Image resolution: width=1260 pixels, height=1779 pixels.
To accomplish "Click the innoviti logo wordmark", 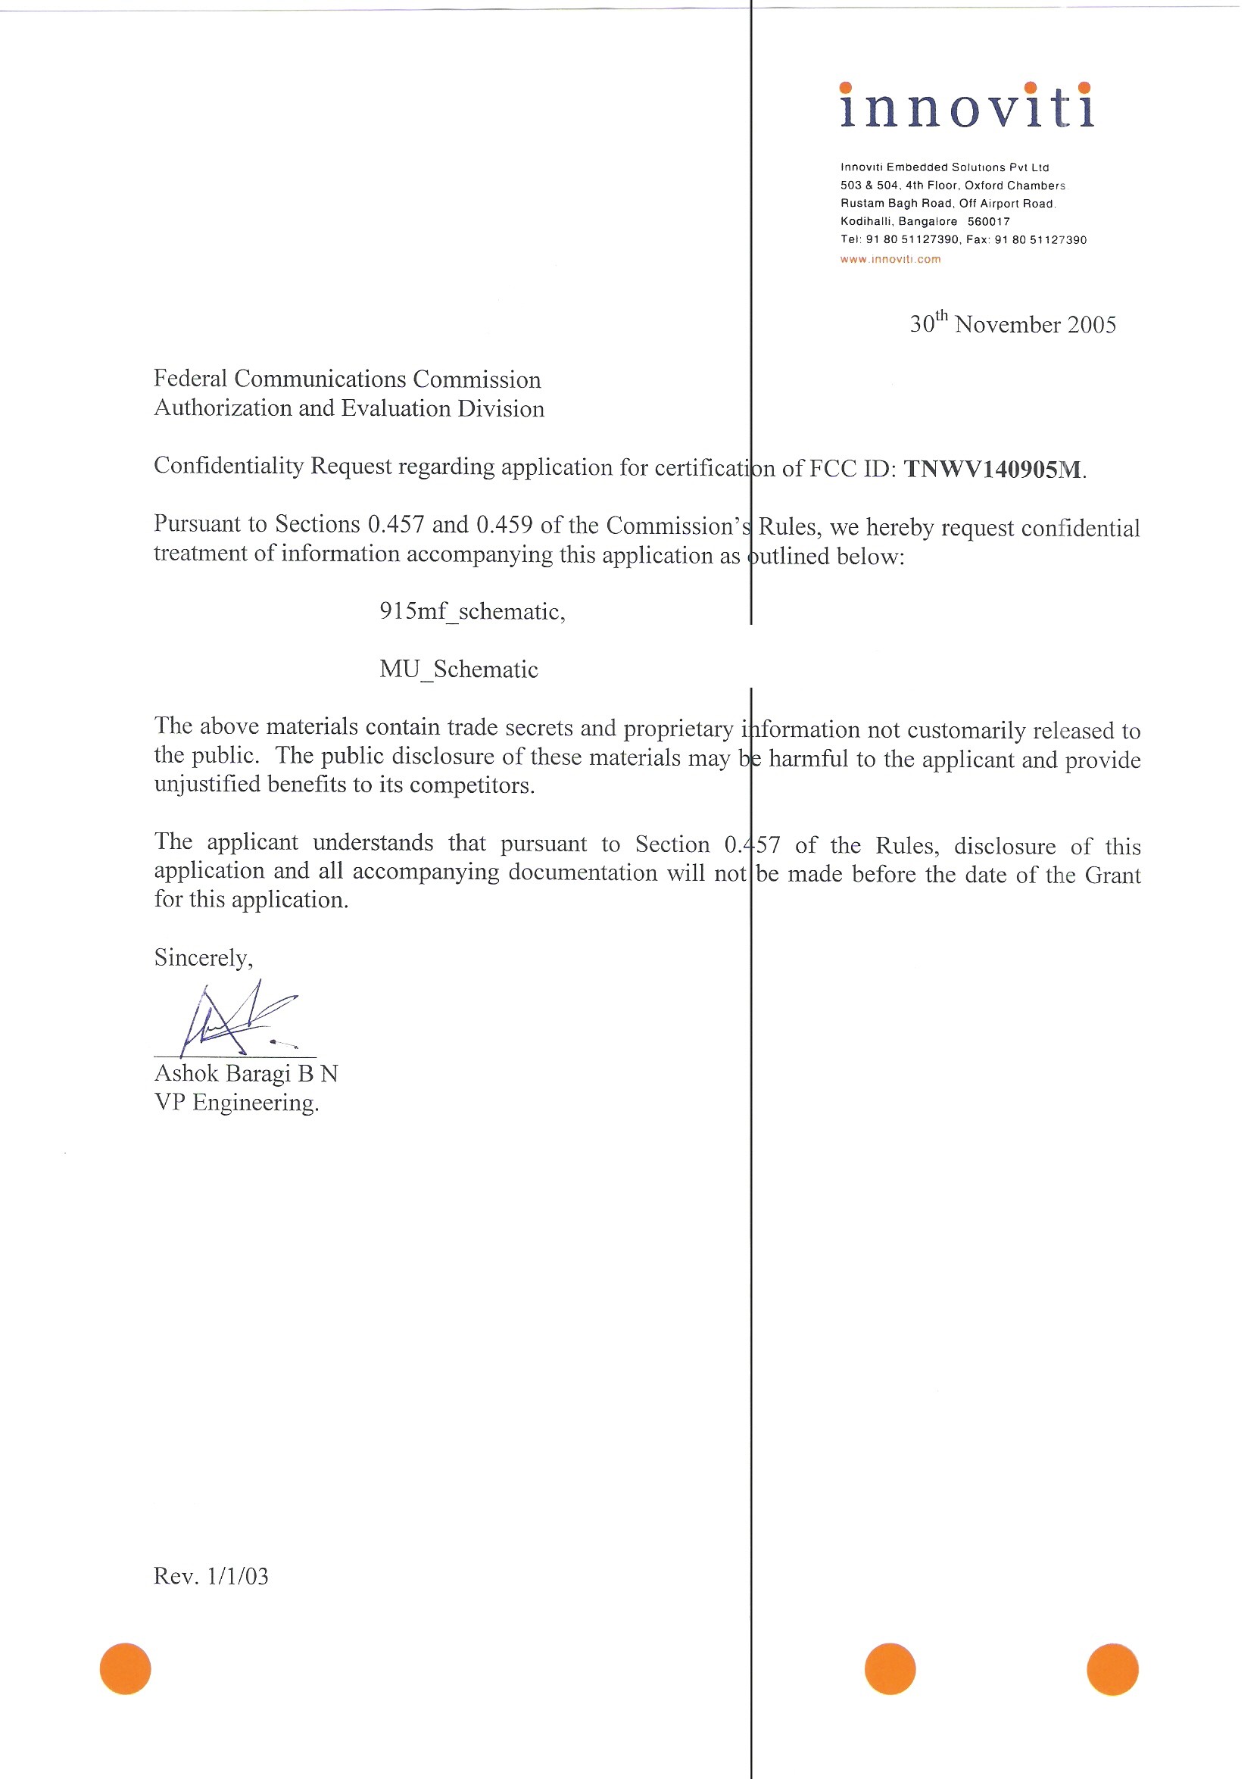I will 967,106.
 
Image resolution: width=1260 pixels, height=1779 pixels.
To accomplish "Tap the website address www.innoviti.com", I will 890,259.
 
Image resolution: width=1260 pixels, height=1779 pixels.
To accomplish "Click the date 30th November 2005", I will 1012,323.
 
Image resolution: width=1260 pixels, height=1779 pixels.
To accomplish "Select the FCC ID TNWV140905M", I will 993,470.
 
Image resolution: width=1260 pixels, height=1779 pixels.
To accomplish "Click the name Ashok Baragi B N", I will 246,1074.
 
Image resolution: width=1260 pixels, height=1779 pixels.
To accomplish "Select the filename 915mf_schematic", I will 471,612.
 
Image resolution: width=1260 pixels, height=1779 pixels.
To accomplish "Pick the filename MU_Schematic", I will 459,669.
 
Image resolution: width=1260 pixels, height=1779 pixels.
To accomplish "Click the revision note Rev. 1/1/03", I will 211,1576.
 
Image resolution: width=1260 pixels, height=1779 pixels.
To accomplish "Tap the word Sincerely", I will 203,958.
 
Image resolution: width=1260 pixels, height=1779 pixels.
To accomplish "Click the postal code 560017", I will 987,222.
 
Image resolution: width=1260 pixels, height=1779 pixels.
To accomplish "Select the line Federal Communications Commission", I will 347,379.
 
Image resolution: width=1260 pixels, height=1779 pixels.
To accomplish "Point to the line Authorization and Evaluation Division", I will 349,408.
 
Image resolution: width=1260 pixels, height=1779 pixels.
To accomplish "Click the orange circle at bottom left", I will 125,1669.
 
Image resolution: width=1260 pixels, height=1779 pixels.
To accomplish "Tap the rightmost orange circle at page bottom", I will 1112,1669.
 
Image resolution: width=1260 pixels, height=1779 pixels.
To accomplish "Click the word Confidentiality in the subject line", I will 228,467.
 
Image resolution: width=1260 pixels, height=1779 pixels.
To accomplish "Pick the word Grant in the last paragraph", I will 1112,875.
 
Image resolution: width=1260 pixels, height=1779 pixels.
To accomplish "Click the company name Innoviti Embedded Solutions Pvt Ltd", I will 944,167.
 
